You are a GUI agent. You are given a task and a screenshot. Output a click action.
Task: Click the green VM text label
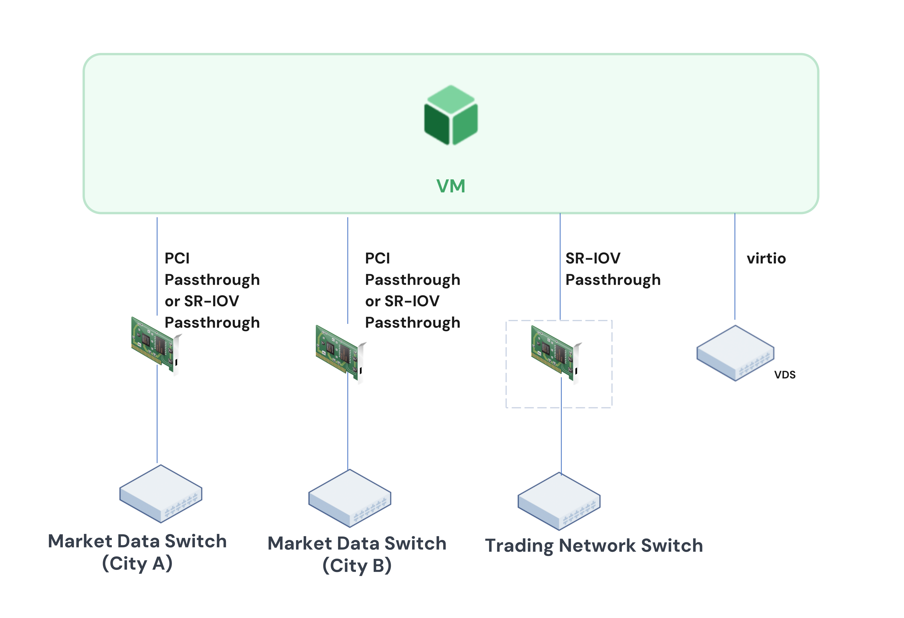pos(451,186)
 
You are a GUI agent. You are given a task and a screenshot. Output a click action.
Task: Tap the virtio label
pos(766,259)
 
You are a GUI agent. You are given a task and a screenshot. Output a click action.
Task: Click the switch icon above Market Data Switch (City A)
pos(161,494)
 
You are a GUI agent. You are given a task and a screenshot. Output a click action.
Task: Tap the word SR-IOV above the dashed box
pos(592,259)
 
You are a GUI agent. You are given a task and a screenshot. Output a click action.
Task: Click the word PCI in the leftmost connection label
pos(177,259)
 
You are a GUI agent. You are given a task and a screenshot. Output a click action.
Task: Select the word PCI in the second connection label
pos(377,259)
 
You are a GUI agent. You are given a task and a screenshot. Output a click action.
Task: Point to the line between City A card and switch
pos(157,416)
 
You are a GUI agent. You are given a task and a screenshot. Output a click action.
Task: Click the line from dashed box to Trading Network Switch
pos(561,439)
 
